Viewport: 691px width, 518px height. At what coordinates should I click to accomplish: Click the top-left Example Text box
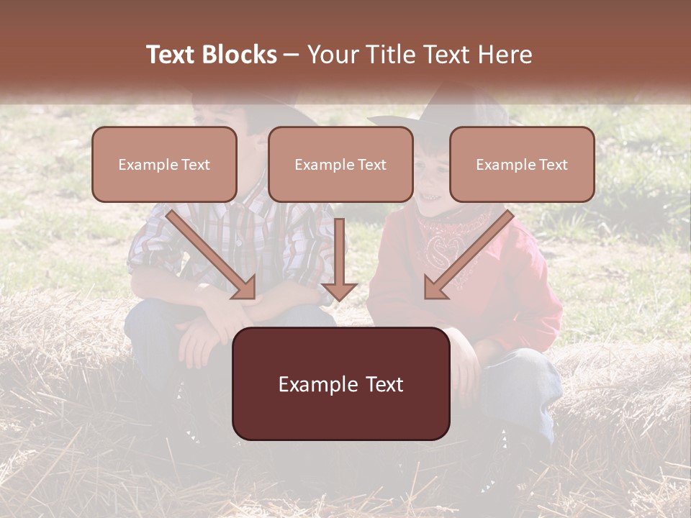164,164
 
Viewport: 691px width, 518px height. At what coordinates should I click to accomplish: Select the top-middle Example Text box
340,164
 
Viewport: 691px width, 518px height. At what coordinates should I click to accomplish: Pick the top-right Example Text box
522,164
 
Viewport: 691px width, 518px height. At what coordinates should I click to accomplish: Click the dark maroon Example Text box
340,383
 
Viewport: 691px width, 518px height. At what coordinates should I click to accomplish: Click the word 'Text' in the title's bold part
171,55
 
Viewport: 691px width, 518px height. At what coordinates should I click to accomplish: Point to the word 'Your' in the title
331,55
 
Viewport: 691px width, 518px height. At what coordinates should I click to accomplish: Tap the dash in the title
292,55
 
